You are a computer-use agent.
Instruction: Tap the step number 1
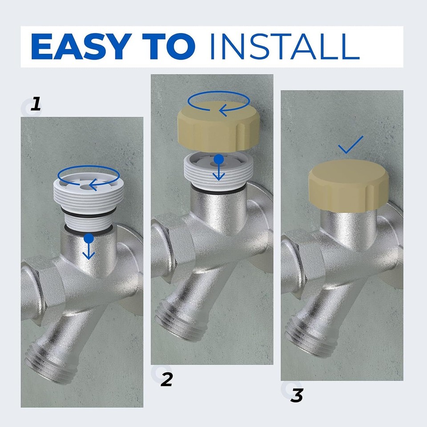coord(36,105)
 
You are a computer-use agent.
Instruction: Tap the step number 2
coord(166,379)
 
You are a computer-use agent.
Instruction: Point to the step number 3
coord(297,395)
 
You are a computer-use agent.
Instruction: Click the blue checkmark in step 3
coord(350,145)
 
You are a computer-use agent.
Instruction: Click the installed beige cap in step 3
coord(348,185)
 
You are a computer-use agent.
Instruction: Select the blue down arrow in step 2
coord(218,169)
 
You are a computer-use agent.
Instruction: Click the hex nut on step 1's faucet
coord(36,289)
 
